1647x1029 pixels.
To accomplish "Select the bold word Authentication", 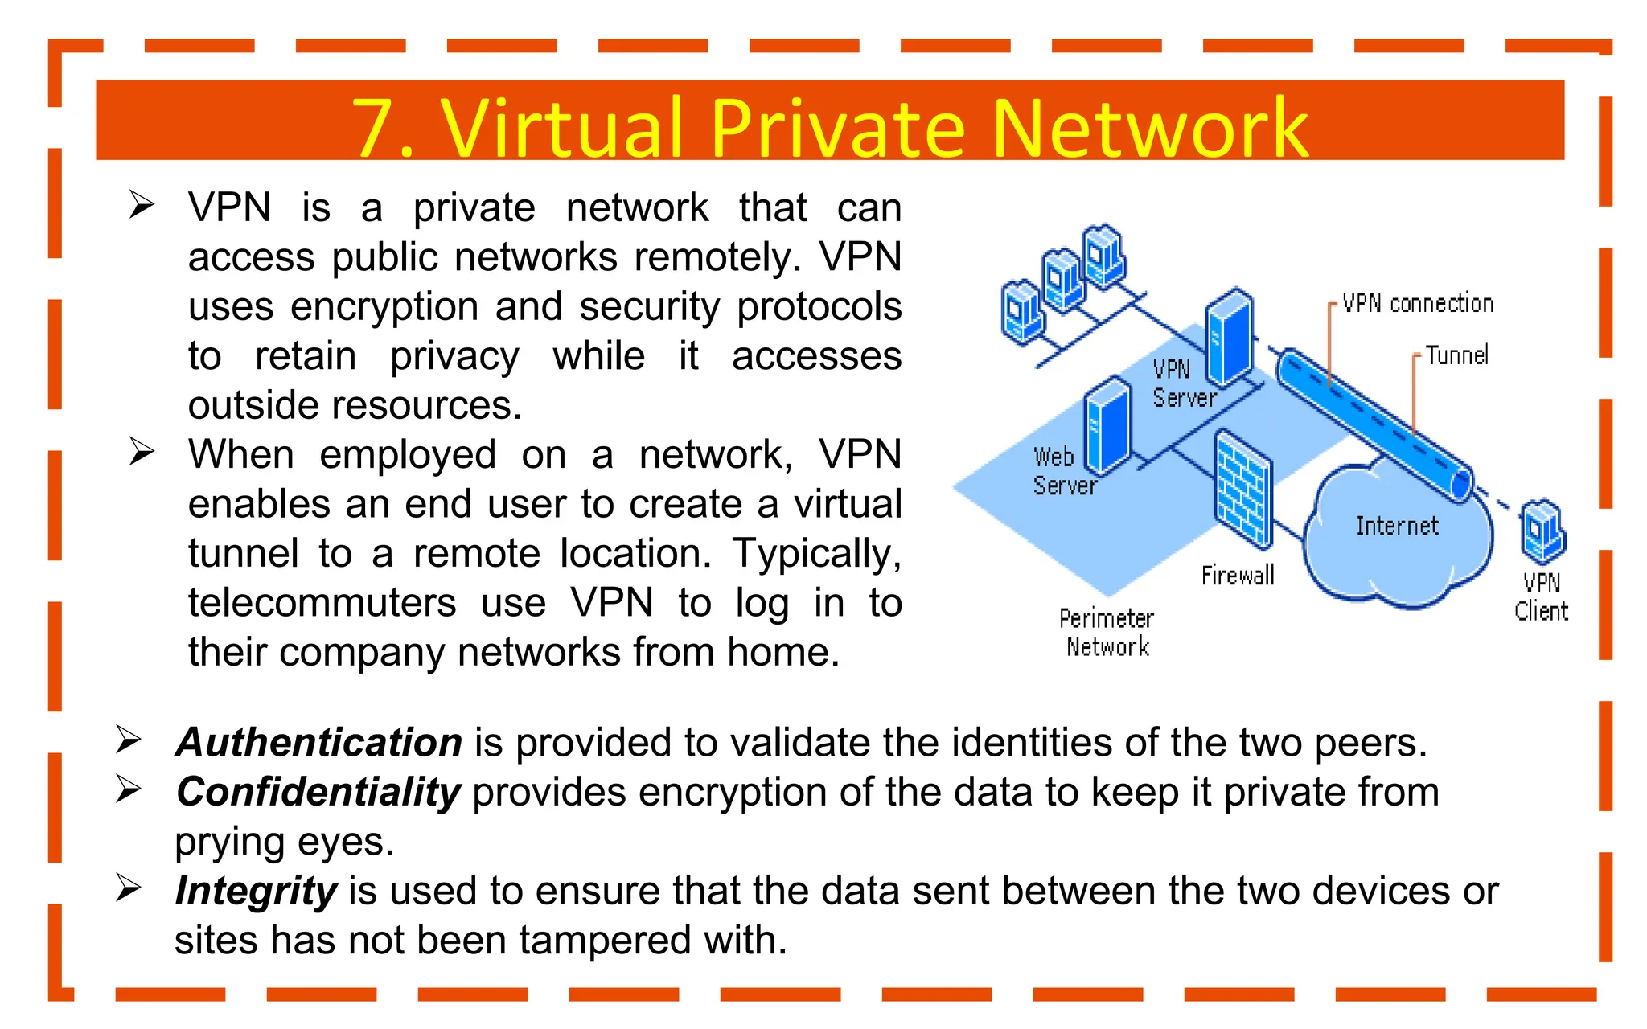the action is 319,742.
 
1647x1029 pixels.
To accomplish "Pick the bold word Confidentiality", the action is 318,792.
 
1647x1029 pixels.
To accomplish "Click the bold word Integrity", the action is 256,891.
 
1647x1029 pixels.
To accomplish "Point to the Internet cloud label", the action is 1397,526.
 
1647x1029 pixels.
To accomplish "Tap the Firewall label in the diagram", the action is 1238,576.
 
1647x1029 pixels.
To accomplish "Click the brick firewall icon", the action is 1243,488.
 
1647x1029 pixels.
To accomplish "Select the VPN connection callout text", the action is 1418,303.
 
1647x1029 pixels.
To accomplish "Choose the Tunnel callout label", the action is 1457,355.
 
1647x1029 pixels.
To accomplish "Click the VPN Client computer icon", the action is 1542,531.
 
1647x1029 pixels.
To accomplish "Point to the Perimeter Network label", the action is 1107,633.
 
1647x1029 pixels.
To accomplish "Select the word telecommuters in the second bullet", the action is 322,603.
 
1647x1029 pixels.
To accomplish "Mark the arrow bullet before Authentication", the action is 129,740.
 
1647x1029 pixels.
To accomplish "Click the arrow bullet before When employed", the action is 142,452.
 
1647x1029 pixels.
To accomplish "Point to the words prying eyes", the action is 284,842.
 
